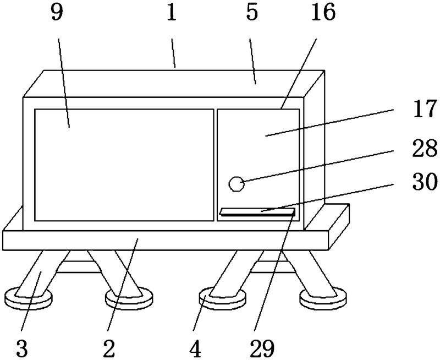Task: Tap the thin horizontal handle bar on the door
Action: coord(257,212)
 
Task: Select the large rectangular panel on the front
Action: coord(124,165)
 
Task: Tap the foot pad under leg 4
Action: coord(221,298)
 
